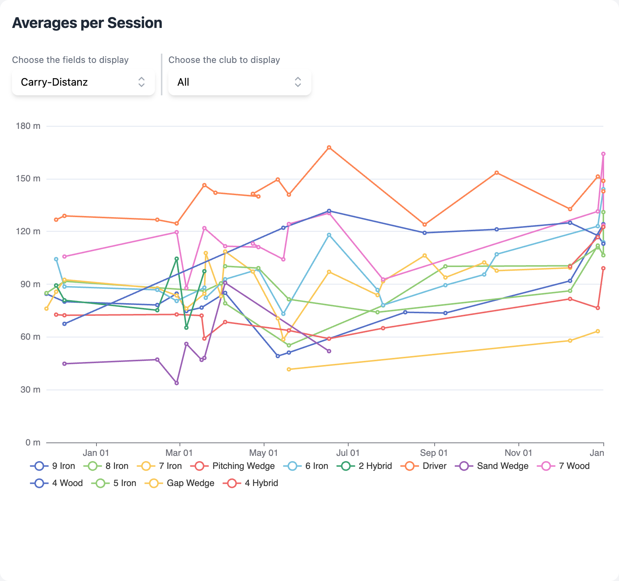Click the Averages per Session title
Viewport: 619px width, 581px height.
click(87, 23)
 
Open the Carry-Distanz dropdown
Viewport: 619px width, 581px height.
click(83, 82)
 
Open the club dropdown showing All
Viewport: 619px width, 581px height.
click(239, 82)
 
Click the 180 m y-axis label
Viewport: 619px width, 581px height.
click(28, 126)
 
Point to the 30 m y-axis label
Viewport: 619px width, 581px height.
click(30, 390)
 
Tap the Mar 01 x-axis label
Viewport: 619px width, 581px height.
click(179, 453)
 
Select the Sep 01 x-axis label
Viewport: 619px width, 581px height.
click(434, 453)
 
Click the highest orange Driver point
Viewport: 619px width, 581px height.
click(329, 147)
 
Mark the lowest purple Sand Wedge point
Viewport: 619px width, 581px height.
click(177, 383)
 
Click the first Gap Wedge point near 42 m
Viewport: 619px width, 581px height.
click(289, 369)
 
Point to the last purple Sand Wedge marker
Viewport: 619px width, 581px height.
click(329, 351)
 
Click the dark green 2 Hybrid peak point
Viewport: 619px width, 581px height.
click(177, 258)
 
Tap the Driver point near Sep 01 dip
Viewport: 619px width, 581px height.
click(424, 225)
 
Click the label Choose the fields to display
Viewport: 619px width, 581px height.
click(70, 60)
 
